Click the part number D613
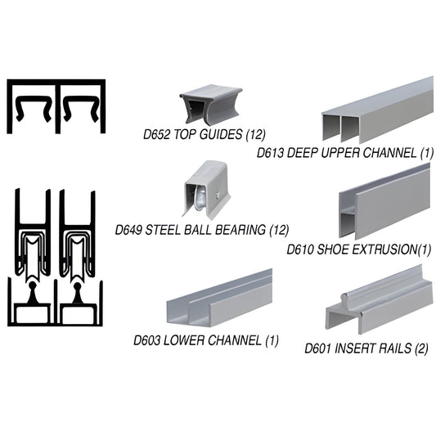click(x=272, y=153)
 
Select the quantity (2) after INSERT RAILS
click(x=411, y=347)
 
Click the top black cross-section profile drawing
click(x=57, y=106)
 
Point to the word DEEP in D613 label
click(x=307, y=153)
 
